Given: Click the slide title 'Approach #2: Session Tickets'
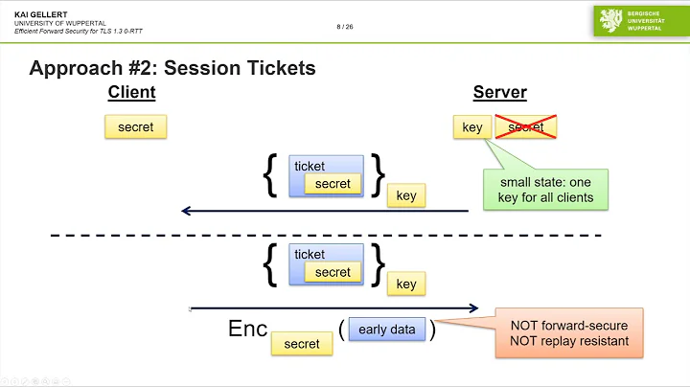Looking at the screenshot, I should click(x=172, y=68).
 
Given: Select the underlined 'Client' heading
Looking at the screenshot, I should click(x=131, y=93).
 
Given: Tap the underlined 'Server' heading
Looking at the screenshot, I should click(x=499, y=93).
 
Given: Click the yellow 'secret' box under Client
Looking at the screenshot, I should click(x=135, y=126).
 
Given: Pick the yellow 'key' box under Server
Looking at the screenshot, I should click(x=471, y=126).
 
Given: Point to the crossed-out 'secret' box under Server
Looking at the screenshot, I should click(x=525, y=126).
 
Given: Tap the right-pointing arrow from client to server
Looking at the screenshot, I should click(x=335, y=307).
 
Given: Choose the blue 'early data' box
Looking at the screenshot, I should click(x=386, y=330).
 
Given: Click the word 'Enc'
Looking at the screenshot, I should click(x=248, y=329).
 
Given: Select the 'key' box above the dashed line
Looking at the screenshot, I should click(x=406, y=195).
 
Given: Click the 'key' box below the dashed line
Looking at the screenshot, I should click(x=406, y=284).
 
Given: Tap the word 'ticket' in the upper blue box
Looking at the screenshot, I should click(x=310, y=166).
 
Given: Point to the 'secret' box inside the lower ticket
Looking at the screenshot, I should click(x=333, y=272).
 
